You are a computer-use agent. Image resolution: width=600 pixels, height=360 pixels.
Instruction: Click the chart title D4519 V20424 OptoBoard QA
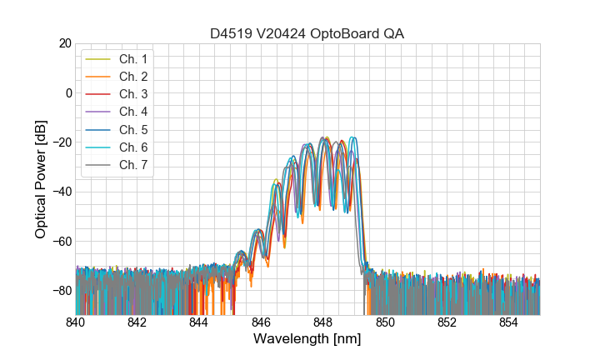pos(307,33)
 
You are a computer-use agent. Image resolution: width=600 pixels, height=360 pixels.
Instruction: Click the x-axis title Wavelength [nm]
pos(307,339)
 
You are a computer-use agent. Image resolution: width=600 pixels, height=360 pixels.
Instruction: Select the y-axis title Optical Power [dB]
pos(41,179)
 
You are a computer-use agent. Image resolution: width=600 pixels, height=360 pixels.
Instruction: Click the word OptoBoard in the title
pos(343,33)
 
